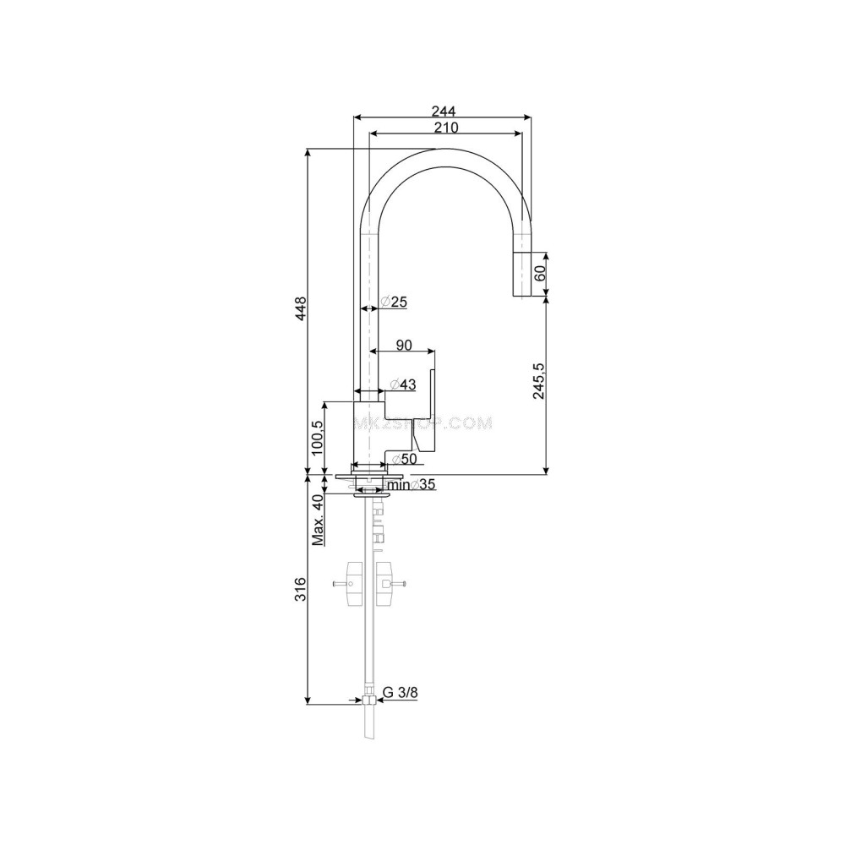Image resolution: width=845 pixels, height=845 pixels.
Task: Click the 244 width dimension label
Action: (444, 111)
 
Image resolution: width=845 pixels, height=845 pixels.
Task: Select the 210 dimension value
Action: (447, 128)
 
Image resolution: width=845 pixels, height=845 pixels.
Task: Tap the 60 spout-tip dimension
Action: (541, 273)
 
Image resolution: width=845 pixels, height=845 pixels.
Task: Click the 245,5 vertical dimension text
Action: (539, 380)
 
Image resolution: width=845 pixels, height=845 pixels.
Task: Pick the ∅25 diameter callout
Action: (394, 302)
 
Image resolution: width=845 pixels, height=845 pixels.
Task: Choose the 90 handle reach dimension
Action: (404, 345)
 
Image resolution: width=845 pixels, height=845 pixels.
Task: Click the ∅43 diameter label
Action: (403, 384)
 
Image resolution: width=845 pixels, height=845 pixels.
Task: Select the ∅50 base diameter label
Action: (404, 459)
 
